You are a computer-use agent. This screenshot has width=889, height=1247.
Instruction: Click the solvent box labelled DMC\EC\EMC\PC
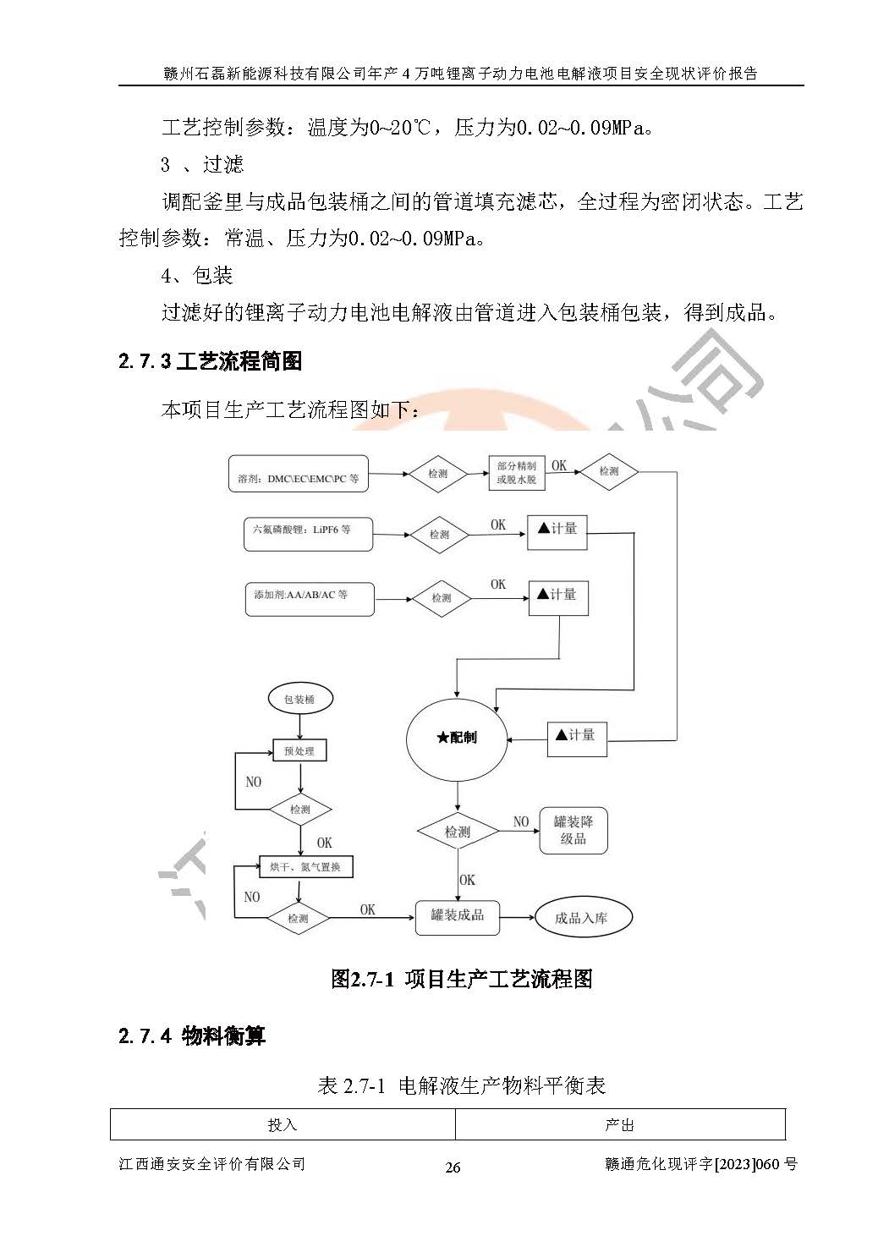pos(299,474)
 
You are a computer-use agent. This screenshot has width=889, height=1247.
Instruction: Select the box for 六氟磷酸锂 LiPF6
pos(309,535)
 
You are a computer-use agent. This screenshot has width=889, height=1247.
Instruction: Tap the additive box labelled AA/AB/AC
pos(310,600)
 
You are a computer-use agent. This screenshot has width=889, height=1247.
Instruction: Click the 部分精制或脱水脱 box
pos(517,473)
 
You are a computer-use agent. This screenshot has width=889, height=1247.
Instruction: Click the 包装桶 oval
pos(300,700)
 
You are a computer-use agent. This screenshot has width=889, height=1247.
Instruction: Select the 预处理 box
pos(299,750)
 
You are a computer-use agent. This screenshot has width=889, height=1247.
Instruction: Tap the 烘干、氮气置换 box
pos(306,867)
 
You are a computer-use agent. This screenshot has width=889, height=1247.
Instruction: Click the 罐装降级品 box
pos(573,831)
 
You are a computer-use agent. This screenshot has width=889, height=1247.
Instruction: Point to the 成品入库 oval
pos(584,918)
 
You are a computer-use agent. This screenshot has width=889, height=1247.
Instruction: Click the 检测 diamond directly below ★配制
pos(458,832)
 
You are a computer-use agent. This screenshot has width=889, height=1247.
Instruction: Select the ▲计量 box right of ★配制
pos(577,739)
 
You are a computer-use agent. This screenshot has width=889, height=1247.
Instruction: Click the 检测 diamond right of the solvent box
pos(438,474)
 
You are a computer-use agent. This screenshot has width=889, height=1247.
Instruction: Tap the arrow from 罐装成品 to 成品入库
pos(517,917)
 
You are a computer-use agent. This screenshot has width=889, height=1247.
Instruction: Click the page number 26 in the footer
pos(453,1167)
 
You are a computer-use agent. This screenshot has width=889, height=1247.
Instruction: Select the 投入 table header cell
pos(283,1125)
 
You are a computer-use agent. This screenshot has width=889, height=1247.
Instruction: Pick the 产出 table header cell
pos(620,1125)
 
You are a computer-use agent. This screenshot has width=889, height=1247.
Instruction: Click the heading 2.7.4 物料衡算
pos(192,1036)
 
